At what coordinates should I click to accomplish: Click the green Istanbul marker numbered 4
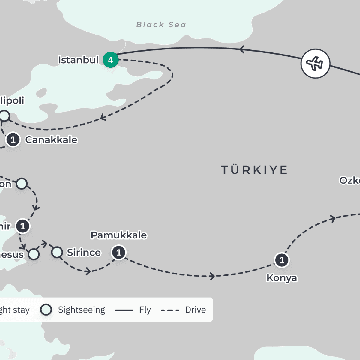111,60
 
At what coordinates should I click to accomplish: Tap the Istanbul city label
78,60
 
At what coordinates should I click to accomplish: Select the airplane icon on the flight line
315,64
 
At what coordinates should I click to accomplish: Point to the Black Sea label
161,25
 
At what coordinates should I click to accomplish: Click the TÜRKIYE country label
254,170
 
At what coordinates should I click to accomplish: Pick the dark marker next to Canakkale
13,139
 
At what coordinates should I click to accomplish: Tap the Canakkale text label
51,139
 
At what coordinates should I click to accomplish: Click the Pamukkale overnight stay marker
119,253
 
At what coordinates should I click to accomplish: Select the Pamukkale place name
119,235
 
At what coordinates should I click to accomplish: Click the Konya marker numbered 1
282,260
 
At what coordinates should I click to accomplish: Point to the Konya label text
282,278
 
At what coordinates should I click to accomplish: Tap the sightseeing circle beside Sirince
57,252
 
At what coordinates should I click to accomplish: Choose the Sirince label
84,253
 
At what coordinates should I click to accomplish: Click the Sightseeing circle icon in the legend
46,310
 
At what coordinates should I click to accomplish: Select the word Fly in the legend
145,310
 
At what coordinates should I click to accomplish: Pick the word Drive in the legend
196,310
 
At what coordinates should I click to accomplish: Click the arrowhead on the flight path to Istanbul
242,49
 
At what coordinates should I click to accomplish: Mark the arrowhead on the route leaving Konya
333,218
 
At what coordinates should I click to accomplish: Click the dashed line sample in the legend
170,310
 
